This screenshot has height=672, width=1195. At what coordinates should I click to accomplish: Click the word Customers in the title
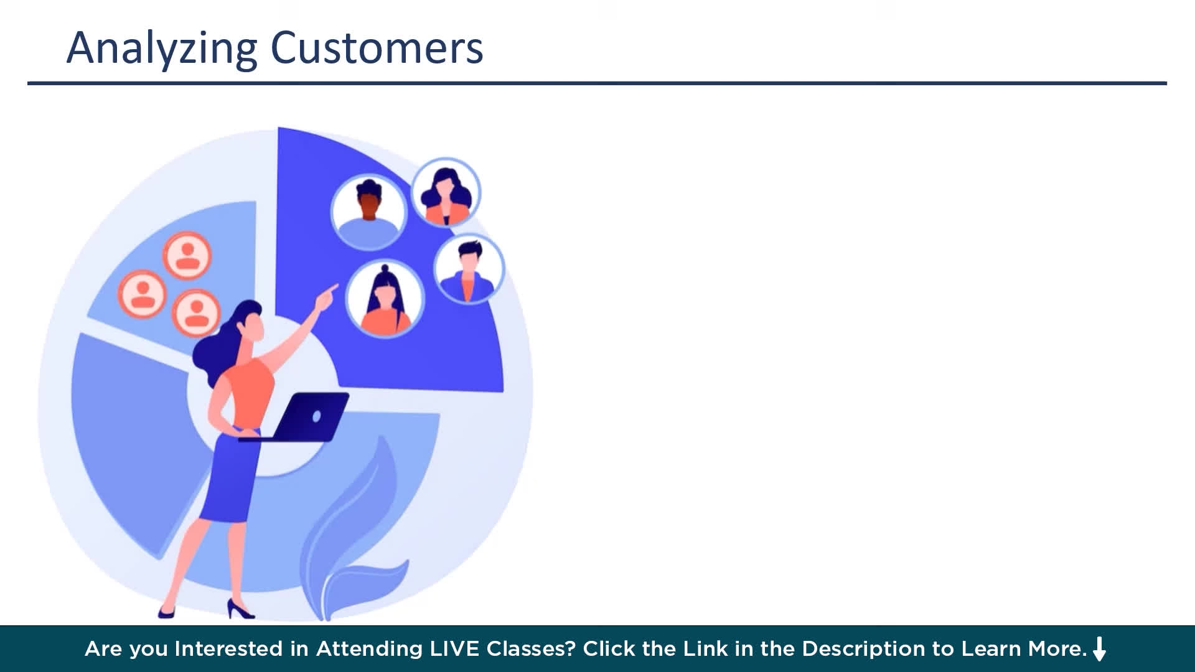[x=377, y=48]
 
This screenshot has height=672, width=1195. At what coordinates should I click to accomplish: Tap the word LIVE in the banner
[x=454, y=649]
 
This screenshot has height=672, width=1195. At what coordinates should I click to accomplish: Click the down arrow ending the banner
[x=1100, y=649]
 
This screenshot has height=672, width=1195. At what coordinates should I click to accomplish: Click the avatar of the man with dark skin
[x=368, y=212]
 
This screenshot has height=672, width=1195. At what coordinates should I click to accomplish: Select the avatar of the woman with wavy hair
[x=446, y=193]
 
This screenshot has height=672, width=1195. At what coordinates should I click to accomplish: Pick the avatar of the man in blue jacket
[x=469, y=269]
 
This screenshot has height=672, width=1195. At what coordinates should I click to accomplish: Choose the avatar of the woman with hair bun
[x=385, y=299]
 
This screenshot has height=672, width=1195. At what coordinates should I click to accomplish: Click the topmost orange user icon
[x=187, y=256]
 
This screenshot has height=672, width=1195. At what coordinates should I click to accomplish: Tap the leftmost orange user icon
[x=143, y=294]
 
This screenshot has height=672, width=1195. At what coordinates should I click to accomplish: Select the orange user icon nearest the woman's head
[x=195, y=312]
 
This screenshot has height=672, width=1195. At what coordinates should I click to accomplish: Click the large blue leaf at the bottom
[x=352, y=529]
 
